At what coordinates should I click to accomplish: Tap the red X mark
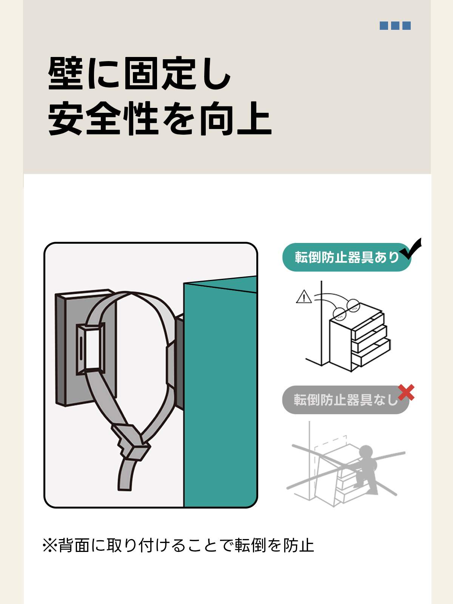[x=406, y=392]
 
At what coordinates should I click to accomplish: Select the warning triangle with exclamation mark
[x=304, y=297]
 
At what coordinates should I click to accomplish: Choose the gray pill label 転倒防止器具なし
[x=346, y=400]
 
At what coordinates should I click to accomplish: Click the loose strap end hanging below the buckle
[x=126, y=475]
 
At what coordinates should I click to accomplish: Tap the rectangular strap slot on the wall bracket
[x=90, y=349]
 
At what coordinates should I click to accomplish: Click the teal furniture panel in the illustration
[x=220, y=391]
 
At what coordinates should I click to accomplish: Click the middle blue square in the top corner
[x=395, y=26]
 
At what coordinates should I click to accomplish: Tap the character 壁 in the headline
[x=66, y=73]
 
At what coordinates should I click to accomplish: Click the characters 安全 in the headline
[x=85, y=118]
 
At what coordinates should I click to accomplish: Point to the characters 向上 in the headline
[x=236, y=118]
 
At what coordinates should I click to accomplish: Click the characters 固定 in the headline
[x=160, y=73]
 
